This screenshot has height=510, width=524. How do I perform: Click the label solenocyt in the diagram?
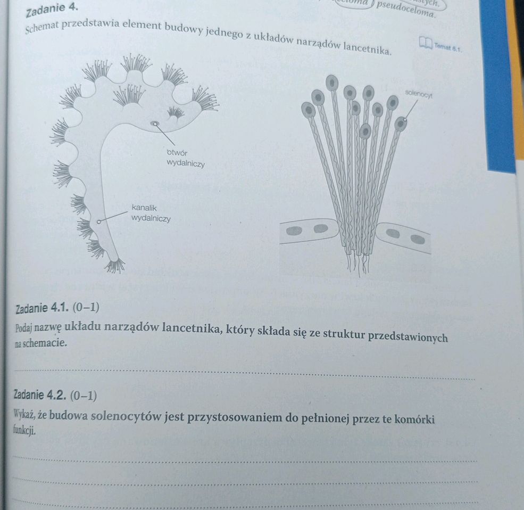point(419,93)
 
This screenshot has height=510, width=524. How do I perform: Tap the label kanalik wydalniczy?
point(151,212)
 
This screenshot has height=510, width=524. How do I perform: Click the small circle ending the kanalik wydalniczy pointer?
point(98,221)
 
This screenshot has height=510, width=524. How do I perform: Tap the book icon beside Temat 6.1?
point(426,43)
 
